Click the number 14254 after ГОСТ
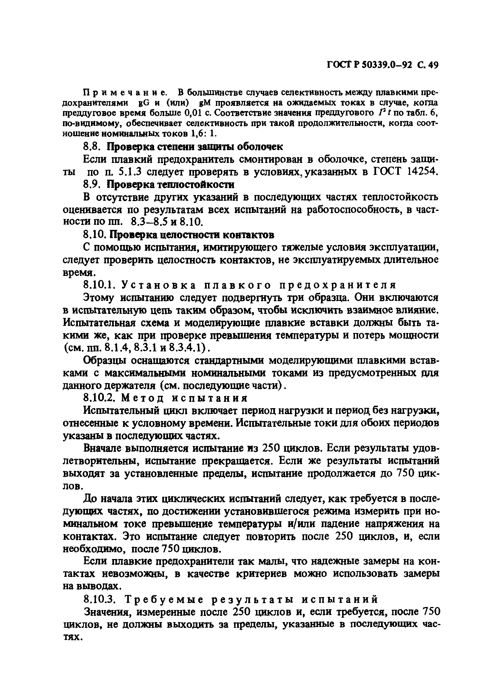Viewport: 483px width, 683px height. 422,172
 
